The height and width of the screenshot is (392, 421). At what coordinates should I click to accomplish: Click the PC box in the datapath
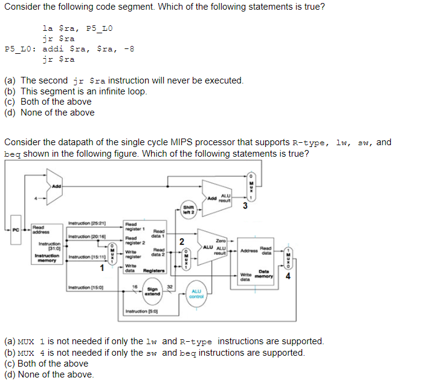[16, 229]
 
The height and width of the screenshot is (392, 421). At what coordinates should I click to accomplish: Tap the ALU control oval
[196, 294]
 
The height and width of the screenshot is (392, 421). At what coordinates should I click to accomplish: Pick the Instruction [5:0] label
[141, 312]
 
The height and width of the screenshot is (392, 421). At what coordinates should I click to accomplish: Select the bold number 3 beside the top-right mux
[245, 205]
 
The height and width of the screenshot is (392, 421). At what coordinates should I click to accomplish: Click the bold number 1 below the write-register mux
[103, 268]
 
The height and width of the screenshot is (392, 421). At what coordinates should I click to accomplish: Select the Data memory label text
[264, 273]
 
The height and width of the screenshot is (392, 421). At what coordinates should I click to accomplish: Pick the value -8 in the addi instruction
[128, 49]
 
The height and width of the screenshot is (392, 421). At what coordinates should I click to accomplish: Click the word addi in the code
[54, 49]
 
